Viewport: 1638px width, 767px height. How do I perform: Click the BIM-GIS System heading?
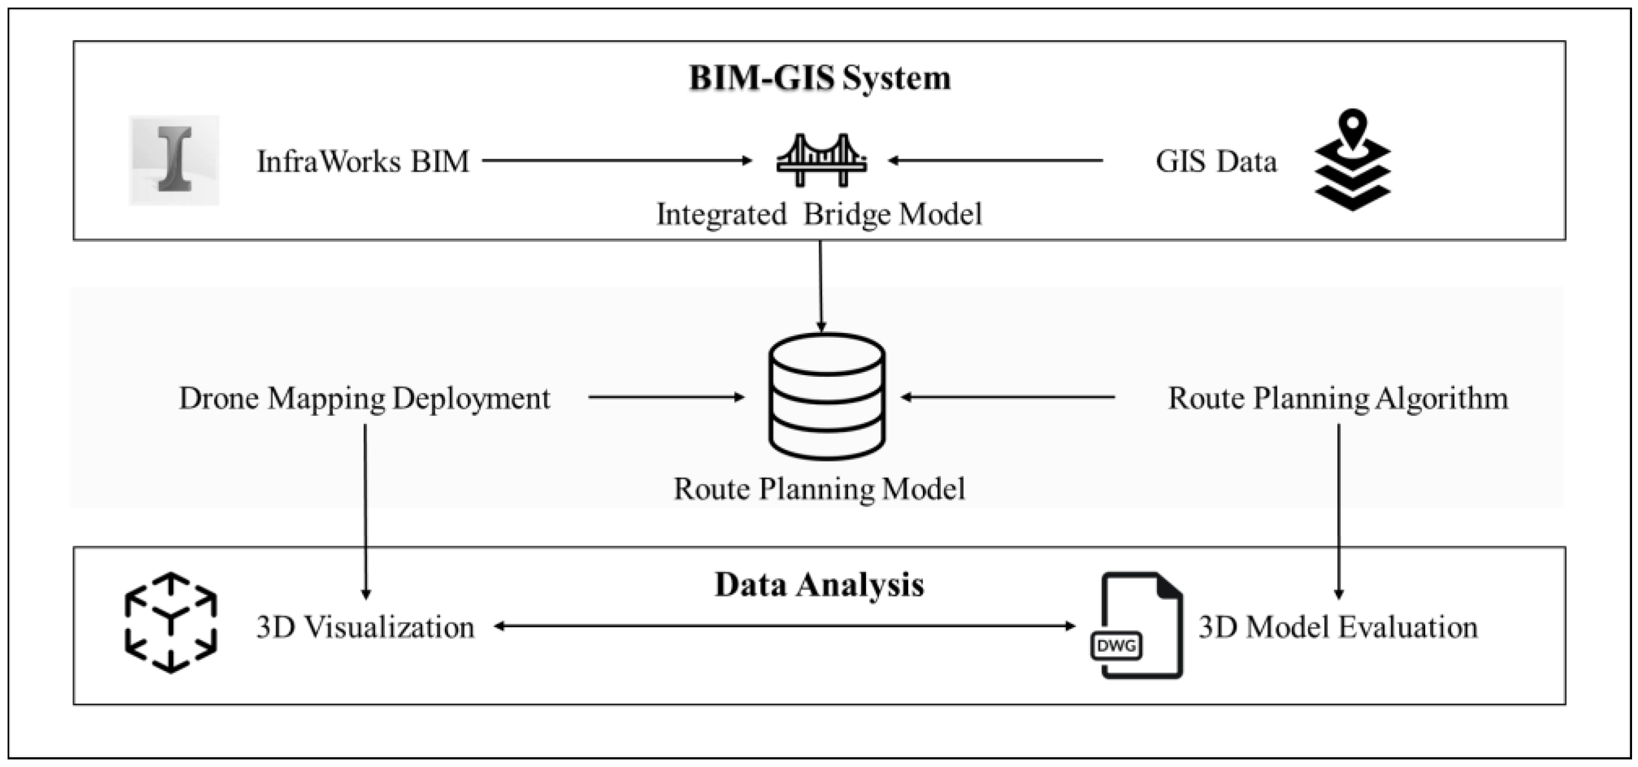point(820,78)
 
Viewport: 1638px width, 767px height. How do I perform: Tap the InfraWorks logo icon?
point(174,160)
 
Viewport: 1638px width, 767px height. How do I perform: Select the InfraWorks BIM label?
point(363,161)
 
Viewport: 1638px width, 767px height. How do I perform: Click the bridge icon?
point(821,160)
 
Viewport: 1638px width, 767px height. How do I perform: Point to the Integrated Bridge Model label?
point(819,214)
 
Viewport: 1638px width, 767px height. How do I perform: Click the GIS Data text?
point(1215,161)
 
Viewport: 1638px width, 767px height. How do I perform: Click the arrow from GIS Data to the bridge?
point(996,161)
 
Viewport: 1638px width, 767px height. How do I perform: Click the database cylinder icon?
point(827,396)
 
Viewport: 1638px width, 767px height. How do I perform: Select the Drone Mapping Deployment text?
point(364,399)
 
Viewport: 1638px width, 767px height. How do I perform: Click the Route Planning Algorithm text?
point(1338,399)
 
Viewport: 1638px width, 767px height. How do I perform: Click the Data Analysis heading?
point(819,585)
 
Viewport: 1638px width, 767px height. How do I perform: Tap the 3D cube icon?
point(171,622)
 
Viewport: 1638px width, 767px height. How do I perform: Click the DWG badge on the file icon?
point(1116,646)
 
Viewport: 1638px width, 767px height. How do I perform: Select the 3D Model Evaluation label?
point(1338,627)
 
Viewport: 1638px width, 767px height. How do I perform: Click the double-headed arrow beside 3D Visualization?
point(784,626)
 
